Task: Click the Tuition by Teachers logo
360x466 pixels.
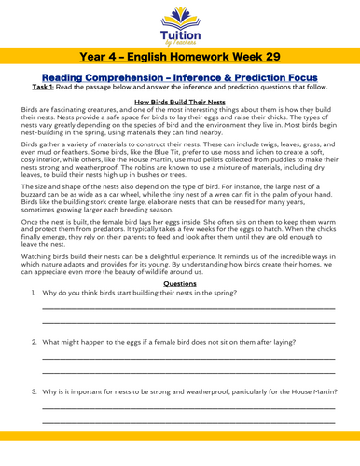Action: (x=179, y=23)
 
